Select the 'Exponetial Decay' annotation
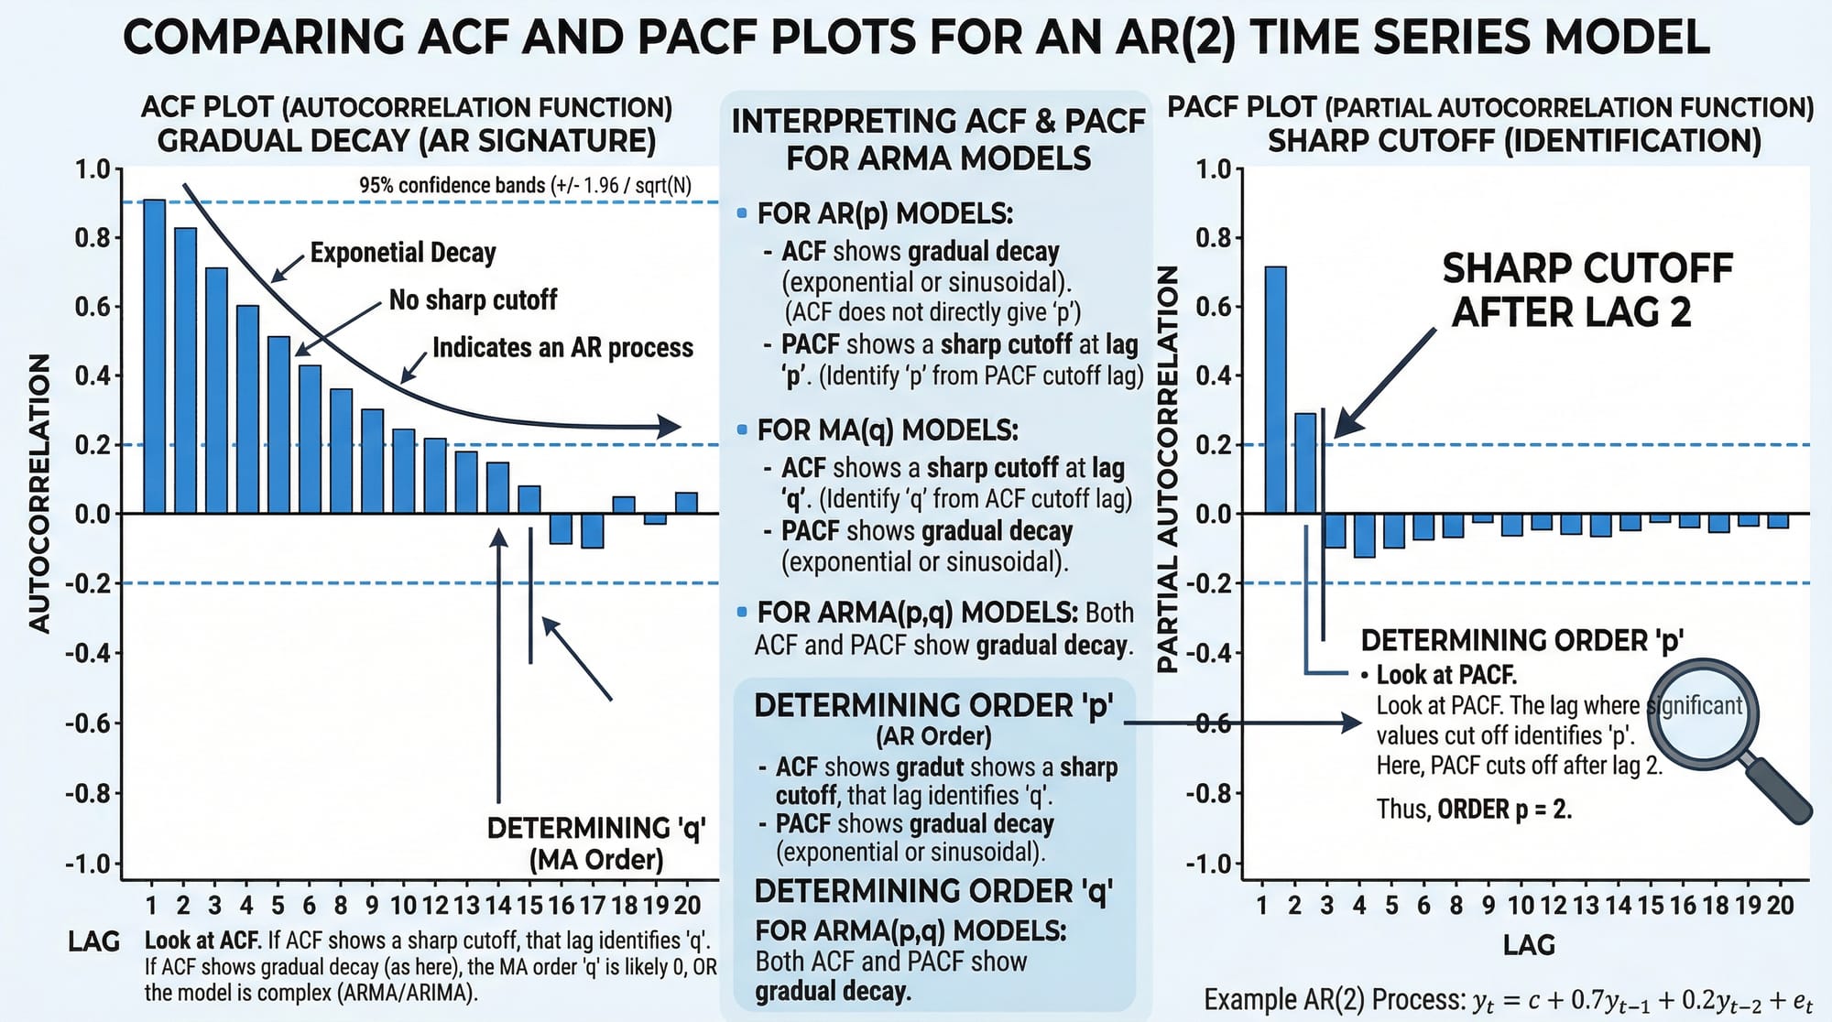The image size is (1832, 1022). [403, 253]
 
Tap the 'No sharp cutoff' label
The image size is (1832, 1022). [473, 300]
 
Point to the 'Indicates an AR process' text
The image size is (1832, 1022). [562, 348]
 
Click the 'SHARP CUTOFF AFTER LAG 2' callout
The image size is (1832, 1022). [1587, 290]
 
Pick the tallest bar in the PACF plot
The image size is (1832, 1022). [1275, 389]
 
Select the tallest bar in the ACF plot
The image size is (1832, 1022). [154, 356]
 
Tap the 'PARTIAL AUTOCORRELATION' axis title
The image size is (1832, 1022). [1167, 469]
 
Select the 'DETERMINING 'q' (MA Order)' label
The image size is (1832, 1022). [595, 843]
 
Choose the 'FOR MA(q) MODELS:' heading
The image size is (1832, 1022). [887, 430]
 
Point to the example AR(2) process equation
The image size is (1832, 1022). [1508, 1000]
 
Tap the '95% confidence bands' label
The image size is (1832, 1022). [525, 186]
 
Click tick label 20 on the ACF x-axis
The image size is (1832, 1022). [687, 906]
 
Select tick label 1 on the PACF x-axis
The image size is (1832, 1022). [1262, 906]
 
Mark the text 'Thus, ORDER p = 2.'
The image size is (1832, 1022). [1474, 810]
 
